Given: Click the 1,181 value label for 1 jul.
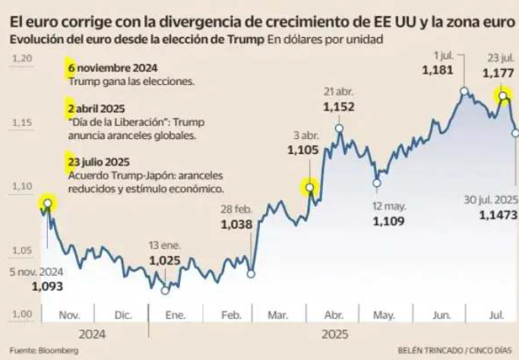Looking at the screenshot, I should coord(436,70).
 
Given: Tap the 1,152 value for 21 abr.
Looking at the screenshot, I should coord(338,108).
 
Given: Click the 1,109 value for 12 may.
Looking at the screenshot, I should coord(389,222).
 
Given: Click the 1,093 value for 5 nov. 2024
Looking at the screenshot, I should coord(47,287).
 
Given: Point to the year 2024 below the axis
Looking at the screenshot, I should coord(90,333).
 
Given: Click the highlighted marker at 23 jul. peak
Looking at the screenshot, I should coord(502,96).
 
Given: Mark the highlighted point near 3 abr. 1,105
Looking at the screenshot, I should coord(309,187).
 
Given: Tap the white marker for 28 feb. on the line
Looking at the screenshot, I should coord(252,273).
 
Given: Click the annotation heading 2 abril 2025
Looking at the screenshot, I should coord(98,109).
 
